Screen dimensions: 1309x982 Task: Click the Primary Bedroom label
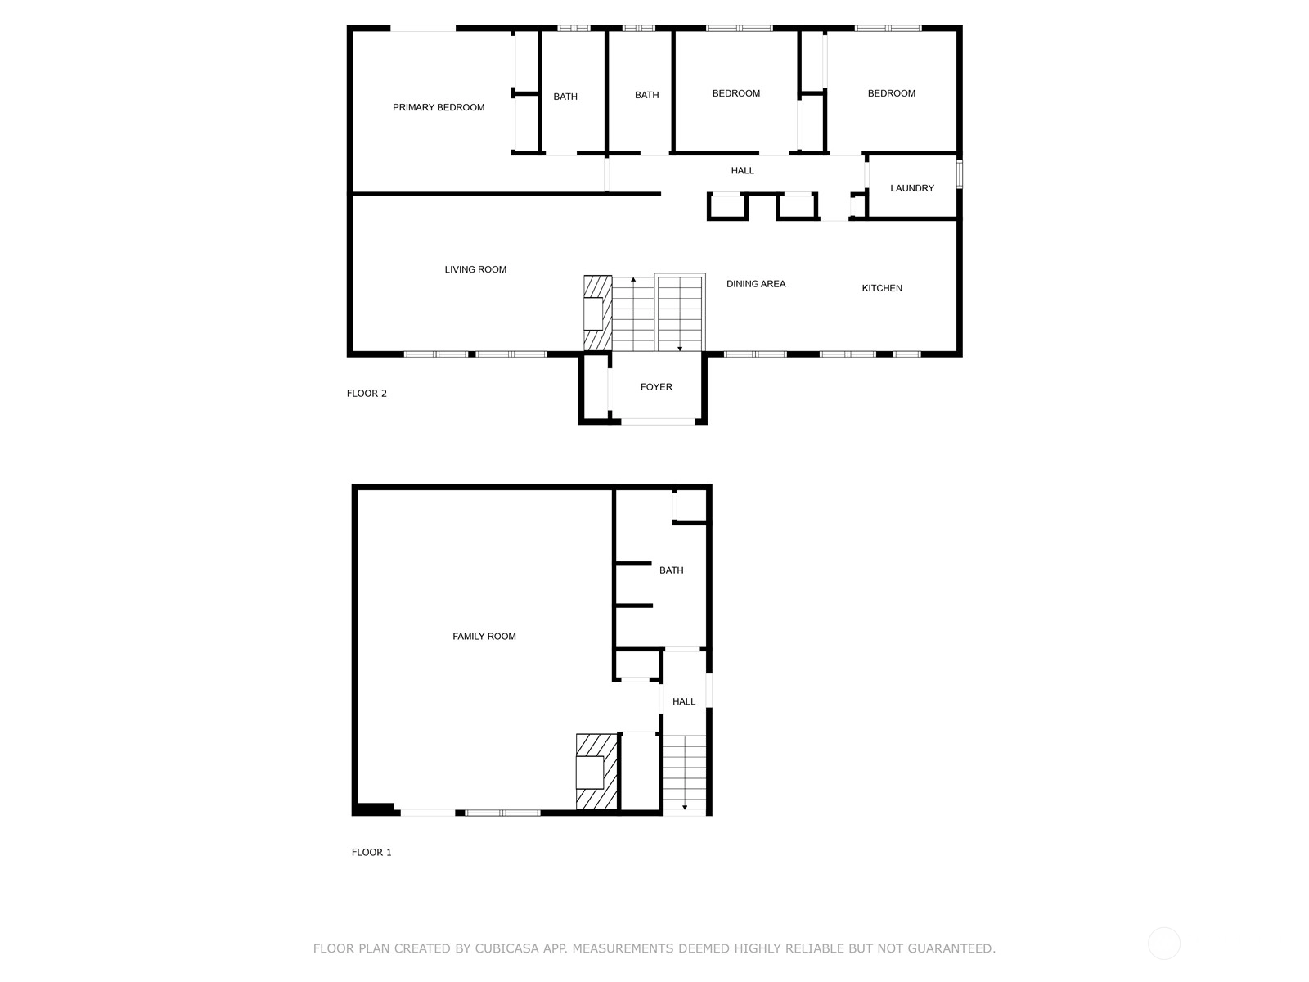tap(439, 107)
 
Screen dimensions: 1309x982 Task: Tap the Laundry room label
tap(912, 188)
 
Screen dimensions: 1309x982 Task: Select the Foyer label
tap(656, 387)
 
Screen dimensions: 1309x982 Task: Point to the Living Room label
tap(475, 269)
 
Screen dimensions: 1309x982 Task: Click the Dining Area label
tap(756, 284)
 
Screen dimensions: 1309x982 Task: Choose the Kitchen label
tap(882, 288)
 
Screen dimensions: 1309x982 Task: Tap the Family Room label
tap(484, 636)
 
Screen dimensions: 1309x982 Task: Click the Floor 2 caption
tap(367, 394)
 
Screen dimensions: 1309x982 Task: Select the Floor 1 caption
tap(371, 852)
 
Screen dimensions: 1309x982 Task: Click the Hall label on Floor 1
tap(684, 701)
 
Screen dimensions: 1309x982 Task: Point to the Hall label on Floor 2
tap(743, 170)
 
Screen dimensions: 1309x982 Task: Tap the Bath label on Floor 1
tap(672, 570)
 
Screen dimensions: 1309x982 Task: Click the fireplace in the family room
tap(596, 773)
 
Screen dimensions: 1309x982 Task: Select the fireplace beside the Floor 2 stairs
tap(597, 313)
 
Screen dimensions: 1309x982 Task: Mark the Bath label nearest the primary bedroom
tap(565, 97)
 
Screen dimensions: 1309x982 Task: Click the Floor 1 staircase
tap(685, 774)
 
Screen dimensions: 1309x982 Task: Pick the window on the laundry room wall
tap(959, 174)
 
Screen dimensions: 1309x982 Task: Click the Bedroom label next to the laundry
tap(892, 93)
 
